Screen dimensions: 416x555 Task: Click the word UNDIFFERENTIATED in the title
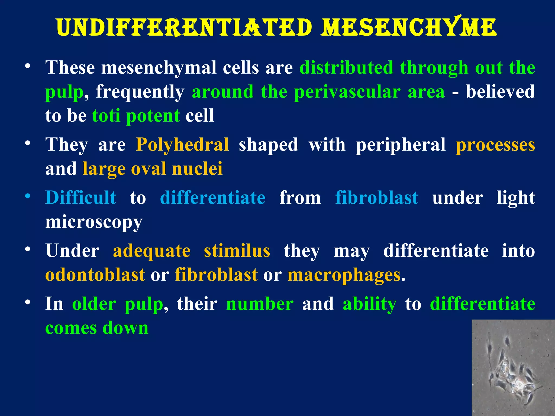[184, 28]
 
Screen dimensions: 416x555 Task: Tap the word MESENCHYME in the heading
[409, 28]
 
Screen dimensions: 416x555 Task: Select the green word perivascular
[347, 92]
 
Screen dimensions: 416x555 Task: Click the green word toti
[106, 116]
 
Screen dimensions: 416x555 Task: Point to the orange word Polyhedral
[182, 145]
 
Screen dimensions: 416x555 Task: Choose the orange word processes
[495, 145]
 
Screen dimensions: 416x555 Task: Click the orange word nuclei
[197, 169]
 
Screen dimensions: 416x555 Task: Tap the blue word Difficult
[81, 197]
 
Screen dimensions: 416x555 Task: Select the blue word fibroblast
[377, 197]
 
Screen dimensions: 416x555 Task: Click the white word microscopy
[94, 222]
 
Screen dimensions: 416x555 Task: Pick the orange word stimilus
[237, 251]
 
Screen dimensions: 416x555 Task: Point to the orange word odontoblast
[95, 275]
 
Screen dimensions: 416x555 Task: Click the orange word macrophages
[344, 275]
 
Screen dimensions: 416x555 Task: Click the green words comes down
[97, 328]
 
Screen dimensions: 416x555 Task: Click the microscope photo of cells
[513, 368]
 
